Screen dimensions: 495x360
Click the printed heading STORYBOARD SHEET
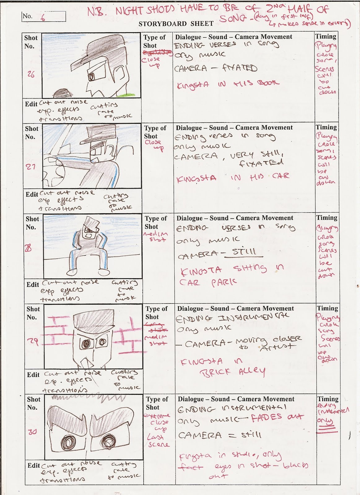pos(176,24)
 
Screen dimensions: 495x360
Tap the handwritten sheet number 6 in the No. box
pos(43,18)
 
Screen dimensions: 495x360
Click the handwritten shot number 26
pos(31,75)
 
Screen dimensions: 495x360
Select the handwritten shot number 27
pos(31,167)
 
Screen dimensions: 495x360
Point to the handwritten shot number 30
pos(33,432)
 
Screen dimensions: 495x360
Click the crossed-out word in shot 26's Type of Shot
pos(157,52)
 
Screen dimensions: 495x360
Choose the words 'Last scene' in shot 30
pos(158,441)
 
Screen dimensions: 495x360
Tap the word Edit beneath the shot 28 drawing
pos(33,284)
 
